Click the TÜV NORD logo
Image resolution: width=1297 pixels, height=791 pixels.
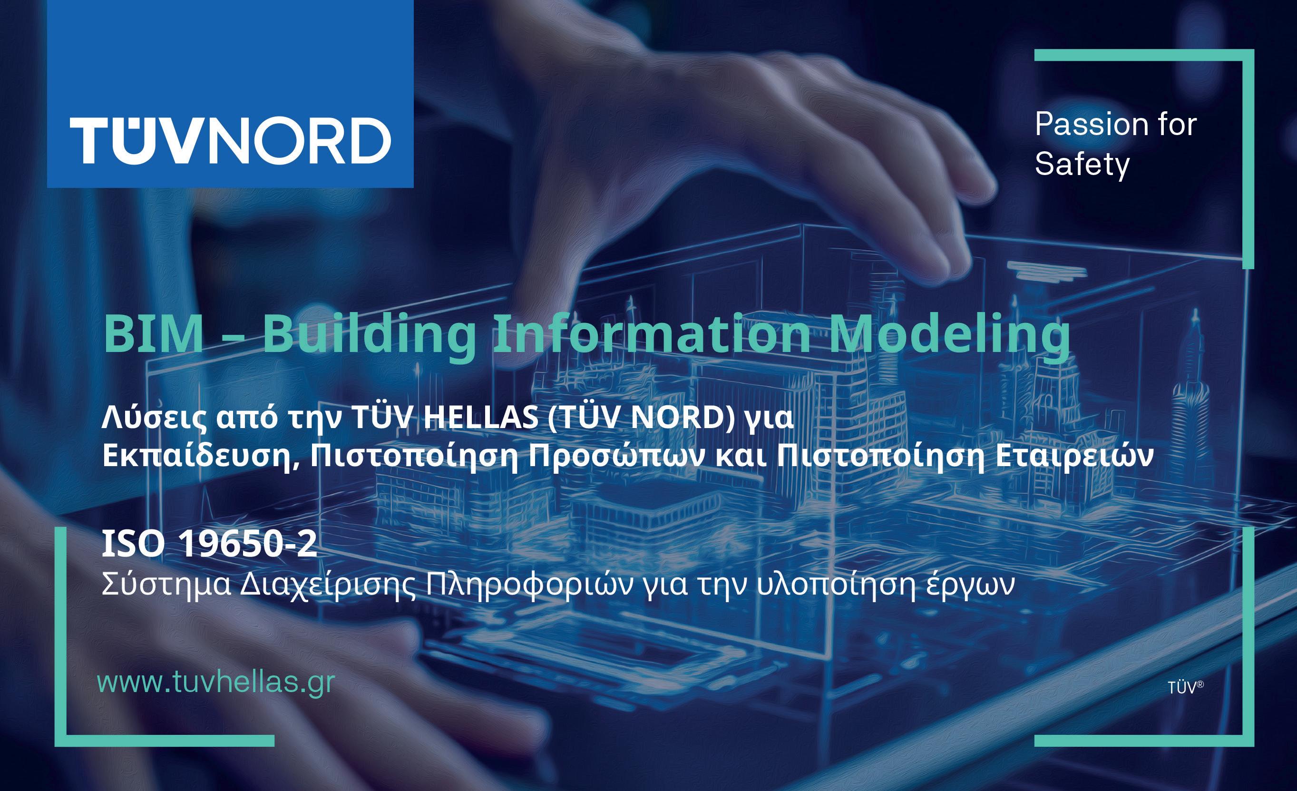point(230,140)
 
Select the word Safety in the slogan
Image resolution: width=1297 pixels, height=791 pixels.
point(1082,165)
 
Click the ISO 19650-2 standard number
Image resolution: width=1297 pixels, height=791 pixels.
point(209,544)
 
